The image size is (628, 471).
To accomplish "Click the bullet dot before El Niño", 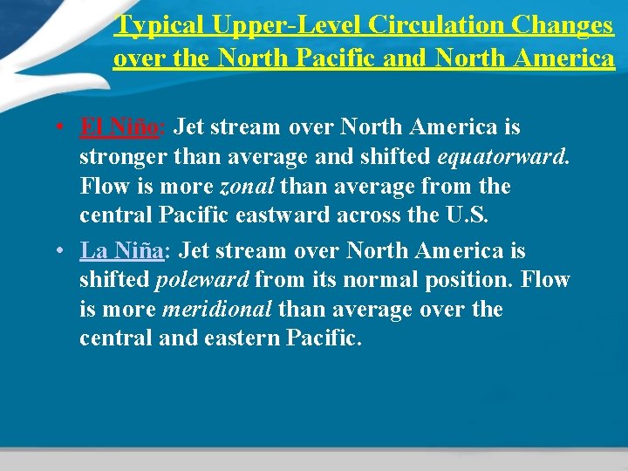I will [58, 128].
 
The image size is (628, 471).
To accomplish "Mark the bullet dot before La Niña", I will [58, 252].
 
